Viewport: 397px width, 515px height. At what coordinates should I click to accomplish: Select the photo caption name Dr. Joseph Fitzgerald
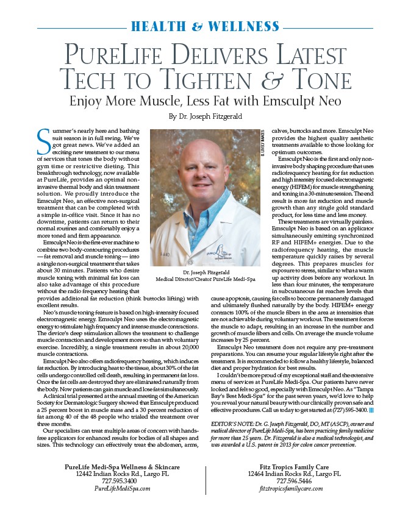click(205, 272)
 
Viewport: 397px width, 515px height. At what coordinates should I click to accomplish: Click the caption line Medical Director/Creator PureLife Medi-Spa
click(205, 280)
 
